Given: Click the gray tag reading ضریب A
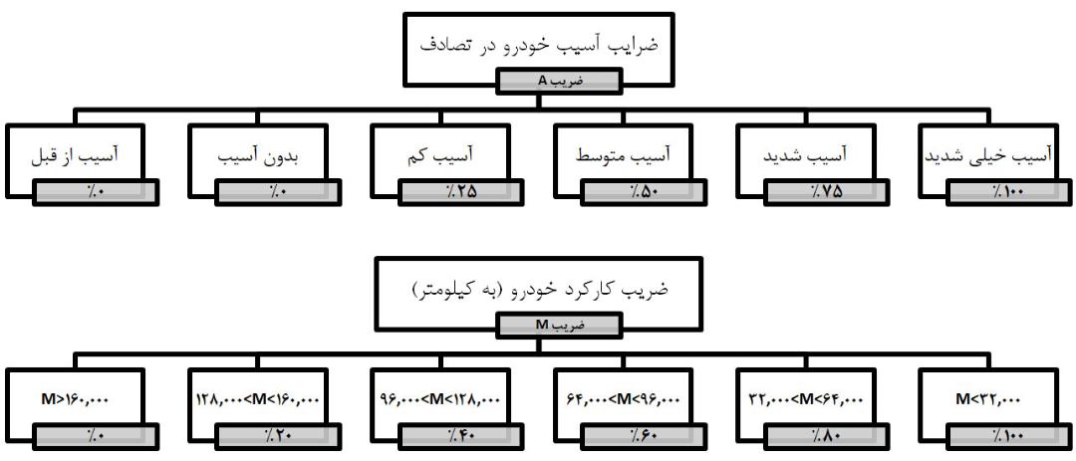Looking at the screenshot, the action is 559,81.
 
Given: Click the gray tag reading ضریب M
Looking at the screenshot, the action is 559,326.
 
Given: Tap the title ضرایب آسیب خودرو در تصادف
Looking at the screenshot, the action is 539,45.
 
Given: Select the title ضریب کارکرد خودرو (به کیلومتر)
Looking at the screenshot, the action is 539,289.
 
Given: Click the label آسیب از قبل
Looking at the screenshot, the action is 74,155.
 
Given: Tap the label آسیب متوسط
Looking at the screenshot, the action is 623,155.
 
